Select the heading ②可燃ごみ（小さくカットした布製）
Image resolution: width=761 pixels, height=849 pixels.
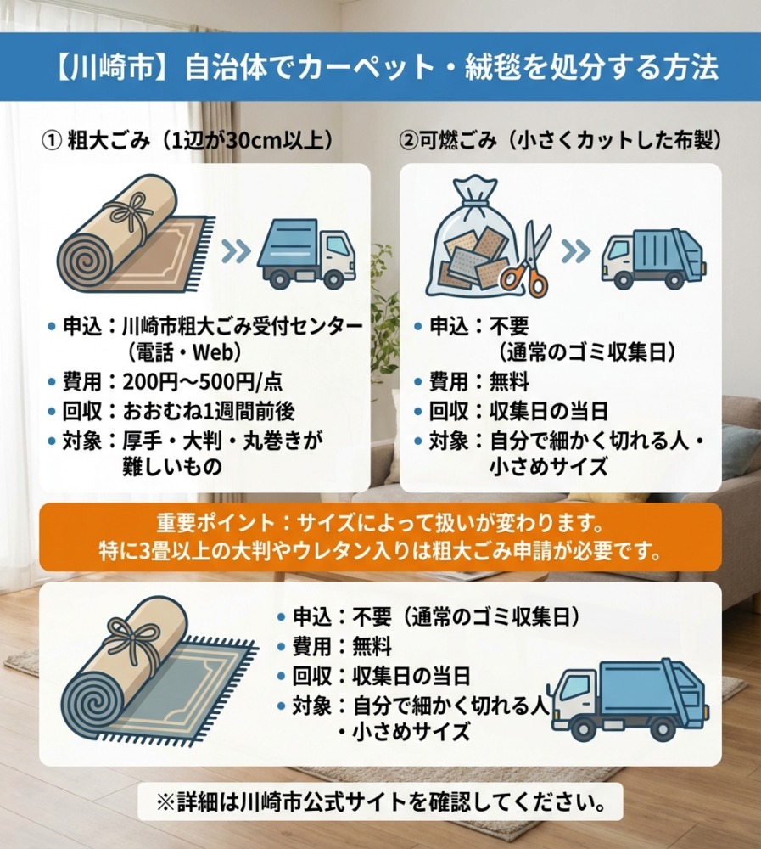(560, 141)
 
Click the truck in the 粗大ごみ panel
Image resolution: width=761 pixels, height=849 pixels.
(306, 252)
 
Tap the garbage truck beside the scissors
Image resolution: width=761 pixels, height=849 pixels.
(653, 258)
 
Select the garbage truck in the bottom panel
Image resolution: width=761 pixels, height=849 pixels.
(630, 699)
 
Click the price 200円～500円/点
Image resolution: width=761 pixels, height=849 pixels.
(203, 382)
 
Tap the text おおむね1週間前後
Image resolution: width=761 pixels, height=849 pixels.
(209, 412)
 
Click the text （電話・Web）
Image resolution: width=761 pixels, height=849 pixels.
(184, 353)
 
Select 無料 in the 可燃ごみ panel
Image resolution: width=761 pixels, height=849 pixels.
(509, 382)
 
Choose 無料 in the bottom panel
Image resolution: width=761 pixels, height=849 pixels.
(372, 646)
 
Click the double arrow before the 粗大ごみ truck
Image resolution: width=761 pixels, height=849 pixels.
(237, 250)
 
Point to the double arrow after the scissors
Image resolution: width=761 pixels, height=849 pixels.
(576, 250)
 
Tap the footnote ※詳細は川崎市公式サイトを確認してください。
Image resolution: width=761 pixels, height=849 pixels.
(380, 801)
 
